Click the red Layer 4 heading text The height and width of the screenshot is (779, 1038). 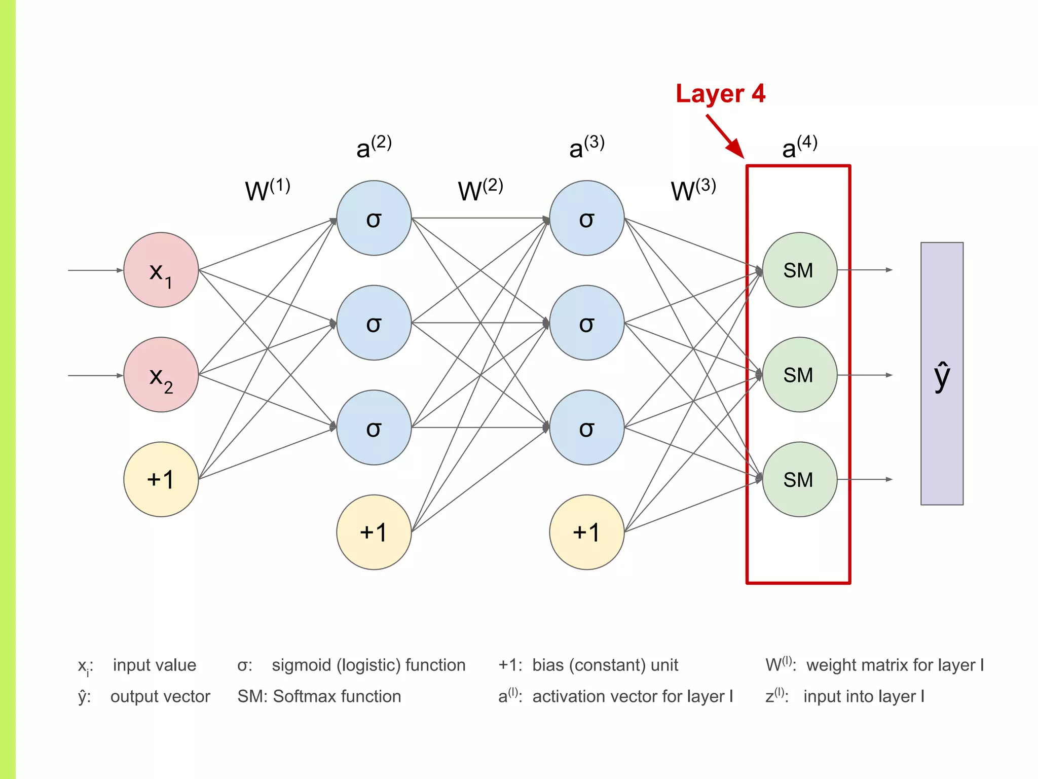click(720, 94)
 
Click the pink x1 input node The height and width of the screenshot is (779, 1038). click(161, 270)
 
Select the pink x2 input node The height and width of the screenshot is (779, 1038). click(161, 375)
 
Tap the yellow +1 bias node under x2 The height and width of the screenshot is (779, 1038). click(161, 479)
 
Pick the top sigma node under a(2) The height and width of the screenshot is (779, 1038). click(374, 218)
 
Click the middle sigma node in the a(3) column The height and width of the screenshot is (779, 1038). click(587, 323)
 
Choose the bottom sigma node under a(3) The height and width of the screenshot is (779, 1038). click(587, 428)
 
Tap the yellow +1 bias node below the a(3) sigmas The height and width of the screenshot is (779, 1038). click(587, 532)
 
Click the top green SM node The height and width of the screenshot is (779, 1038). click(799, 270)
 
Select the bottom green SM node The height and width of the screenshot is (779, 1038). click(799, 479)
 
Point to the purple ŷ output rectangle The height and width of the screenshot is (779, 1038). click(942, 374)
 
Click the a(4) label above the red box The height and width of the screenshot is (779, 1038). click(799, 147)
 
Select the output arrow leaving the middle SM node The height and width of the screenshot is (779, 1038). click(865, 375)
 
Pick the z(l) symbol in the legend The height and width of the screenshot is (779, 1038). click(775, 695)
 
